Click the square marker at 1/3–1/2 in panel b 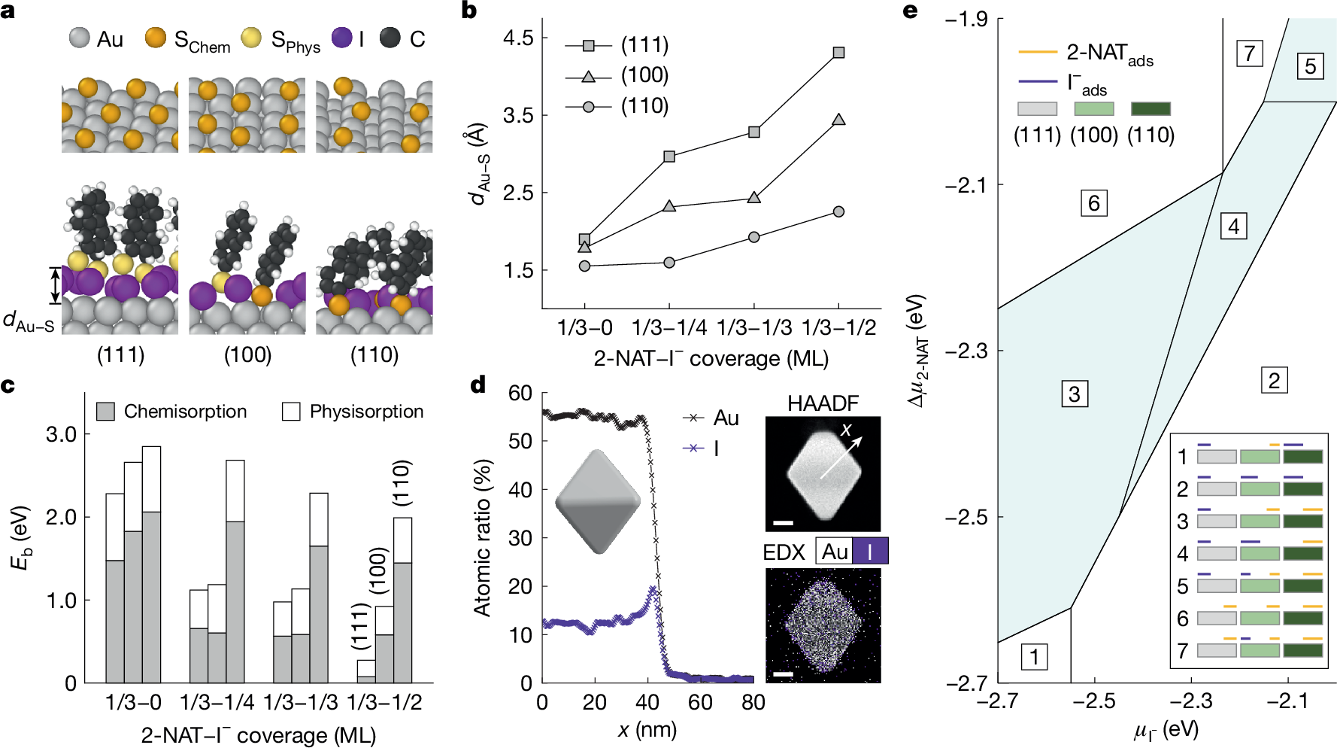[838, 53]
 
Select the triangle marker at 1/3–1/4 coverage [669, 206]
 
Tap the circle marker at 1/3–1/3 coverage [754, 237]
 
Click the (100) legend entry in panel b [617, 76]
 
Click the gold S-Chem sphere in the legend [156, 38]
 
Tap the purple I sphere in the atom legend [342, 38]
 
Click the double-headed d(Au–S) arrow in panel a [55, 285]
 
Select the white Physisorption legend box [291, 412]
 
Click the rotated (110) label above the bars [402, 482]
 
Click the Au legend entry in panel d [711, 418]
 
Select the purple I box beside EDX [870, 552]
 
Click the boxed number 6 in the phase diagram [1093, 203]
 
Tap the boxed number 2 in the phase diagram [1273, 380]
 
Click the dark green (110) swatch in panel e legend [1151, 109]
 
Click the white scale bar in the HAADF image [783, 522]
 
